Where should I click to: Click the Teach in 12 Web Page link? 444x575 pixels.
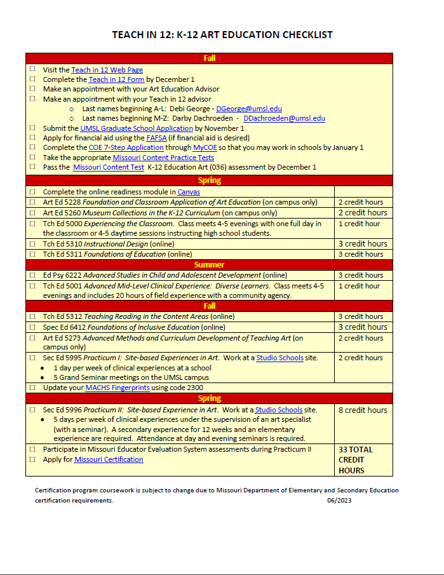point(107,70)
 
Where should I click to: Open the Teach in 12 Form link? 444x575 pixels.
point(116,79)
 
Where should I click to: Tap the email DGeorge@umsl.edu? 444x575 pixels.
point(249,109)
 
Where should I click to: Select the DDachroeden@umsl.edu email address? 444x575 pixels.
point(284,118)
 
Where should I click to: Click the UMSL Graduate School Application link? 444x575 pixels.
point(137,128)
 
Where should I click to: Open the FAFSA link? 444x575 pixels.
point(156,137)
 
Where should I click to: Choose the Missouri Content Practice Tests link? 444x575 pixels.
point(163,157)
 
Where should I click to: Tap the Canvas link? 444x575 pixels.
point(189,191)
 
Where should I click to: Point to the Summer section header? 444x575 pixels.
point(209,264)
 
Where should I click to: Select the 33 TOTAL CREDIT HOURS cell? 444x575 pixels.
point(363,459)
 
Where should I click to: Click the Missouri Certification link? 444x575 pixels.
point(109,459)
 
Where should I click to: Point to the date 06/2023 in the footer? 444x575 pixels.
point(340,501)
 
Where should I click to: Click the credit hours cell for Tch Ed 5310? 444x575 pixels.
point(363,244)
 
